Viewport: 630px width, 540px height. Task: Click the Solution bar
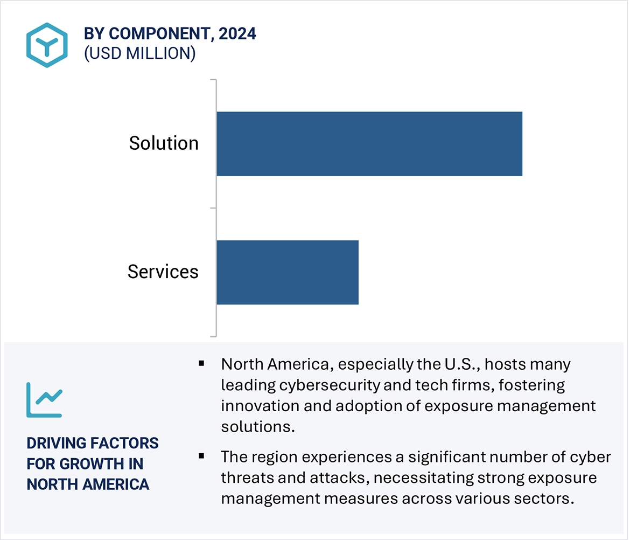(369, 144)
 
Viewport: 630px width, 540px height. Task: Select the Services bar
(288, 272)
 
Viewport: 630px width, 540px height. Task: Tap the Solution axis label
(164, 143)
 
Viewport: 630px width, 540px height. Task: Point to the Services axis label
(163, 272)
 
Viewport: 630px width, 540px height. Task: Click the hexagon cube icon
(47, 45)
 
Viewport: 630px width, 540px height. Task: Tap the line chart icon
(44, 400)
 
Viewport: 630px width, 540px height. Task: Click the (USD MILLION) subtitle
(139, 53)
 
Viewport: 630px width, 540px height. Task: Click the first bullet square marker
(201, 364)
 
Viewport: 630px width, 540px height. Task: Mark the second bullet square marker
(201, 456)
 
